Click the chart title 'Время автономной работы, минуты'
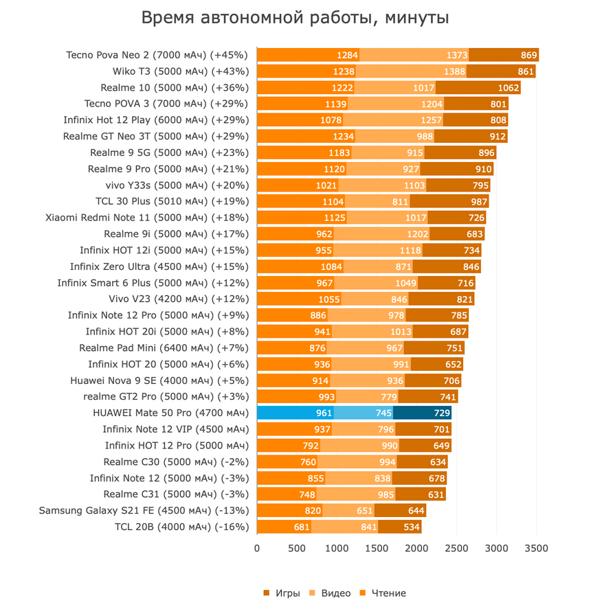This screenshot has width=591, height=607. (x=295, y=18)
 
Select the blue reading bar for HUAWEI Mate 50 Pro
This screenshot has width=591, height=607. (x=295, y=413)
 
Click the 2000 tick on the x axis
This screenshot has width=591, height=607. (x=416, y=548)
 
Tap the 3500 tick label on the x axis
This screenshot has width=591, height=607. (x=536, y=548)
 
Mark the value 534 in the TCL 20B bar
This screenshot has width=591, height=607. (x=411, y=527)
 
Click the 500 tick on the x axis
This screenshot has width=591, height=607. (x=297, y=548)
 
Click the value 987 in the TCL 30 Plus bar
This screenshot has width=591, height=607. (x=478, y=201)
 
